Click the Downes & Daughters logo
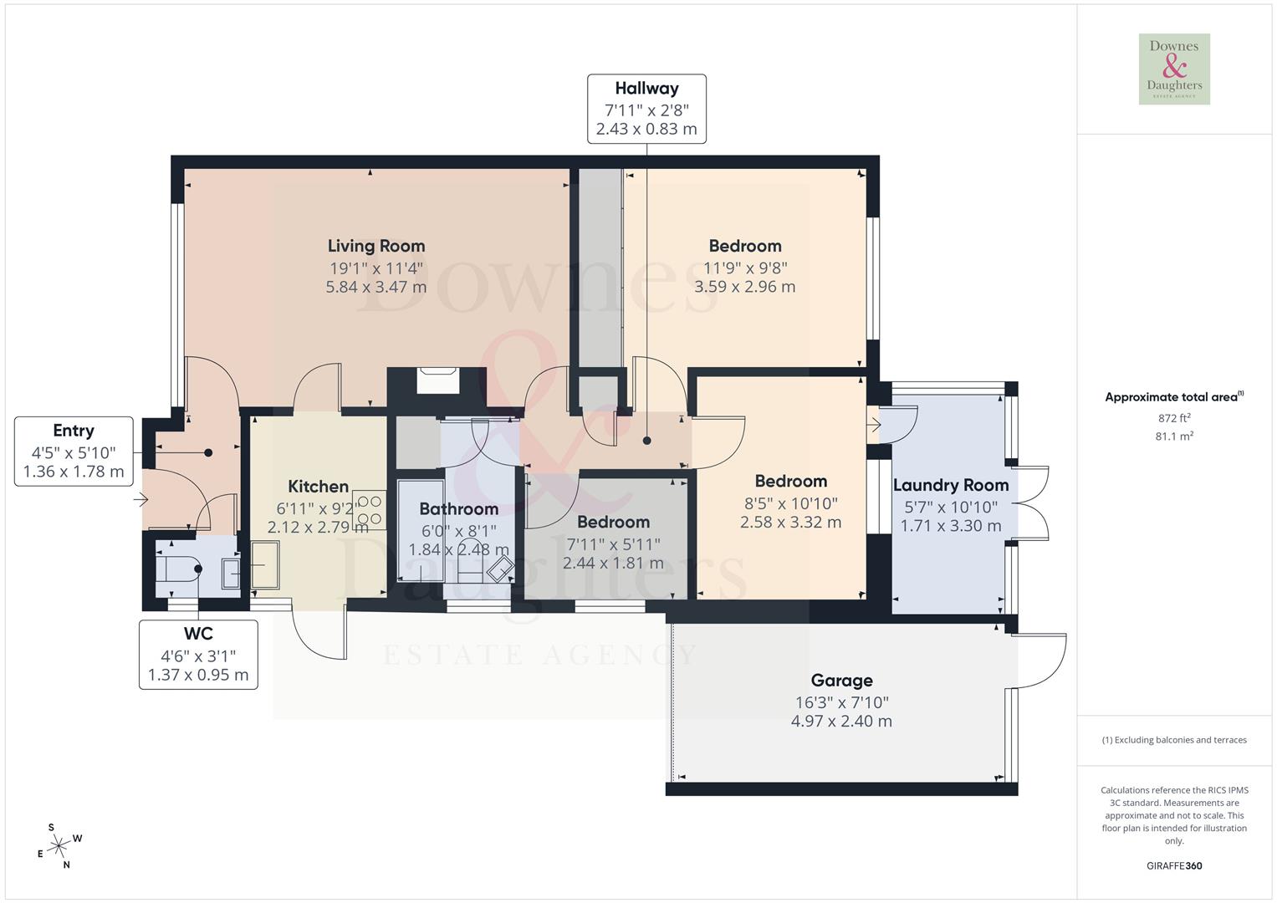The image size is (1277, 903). (x=1174, y=69)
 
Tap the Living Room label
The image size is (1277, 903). (x=375, y=246)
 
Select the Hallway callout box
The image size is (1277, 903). (x=646, y=109)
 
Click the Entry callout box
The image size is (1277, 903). (x=74, y=451)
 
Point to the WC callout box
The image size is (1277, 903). (x=198, y=655)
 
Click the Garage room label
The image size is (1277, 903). (x=841, y=681)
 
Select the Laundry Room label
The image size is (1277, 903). (x=951, y=485)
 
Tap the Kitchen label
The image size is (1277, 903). (x=318, y=487)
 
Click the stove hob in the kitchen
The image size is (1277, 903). (x=370, y=511)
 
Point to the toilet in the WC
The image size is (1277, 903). (x=178, y=569)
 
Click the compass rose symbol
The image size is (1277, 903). (x=59, y=847)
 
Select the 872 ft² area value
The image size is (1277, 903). (x=1174, y=417)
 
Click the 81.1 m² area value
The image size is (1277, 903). (x=1174, y=436)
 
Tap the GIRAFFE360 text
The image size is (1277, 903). (x=1174, y=865)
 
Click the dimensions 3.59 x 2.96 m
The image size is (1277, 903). (x=744, y=287)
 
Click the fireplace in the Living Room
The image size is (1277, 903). (x=437, y=380)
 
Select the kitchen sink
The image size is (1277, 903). (x=266, y=566)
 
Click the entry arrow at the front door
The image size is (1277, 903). (x=140, y=500)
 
